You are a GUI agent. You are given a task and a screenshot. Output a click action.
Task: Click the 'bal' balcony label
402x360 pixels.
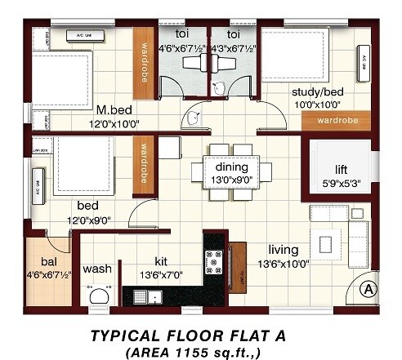47,262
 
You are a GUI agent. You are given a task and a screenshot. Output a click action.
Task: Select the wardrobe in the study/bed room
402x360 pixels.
334,119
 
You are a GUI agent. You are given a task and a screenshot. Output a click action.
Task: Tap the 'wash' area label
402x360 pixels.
97,268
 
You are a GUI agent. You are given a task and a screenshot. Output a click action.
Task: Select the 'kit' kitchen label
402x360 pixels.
172,262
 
